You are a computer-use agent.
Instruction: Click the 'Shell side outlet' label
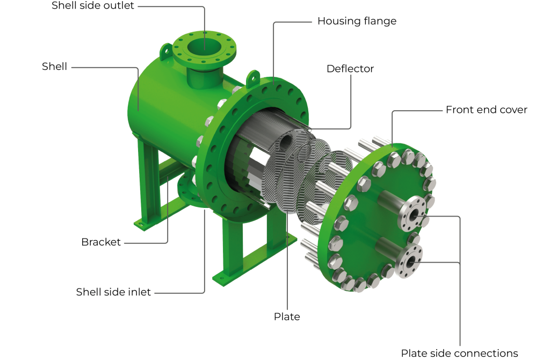click(92, 5)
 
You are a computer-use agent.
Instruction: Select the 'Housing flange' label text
click(357, 21)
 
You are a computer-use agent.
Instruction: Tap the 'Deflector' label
click(350, 69)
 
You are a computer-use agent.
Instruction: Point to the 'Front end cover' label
click(486, 110)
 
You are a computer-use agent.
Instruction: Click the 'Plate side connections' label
click(459, 353)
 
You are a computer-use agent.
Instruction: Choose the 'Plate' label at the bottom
click(287, 316)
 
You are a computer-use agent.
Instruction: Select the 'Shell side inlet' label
click(113, 292)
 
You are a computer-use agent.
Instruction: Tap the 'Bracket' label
click(101, 242)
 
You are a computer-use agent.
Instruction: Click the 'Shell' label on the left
click(54, 67)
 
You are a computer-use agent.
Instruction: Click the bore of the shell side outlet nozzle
click(205, 47)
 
